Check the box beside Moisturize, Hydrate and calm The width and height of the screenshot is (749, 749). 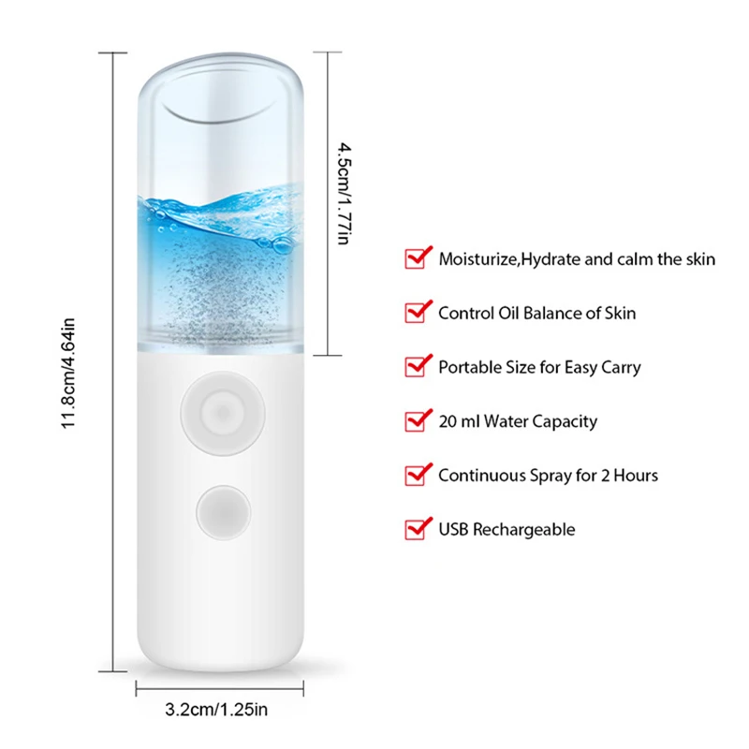click(416, 258)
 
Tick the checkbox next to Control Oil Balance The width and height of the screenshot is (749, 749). click(416, 313)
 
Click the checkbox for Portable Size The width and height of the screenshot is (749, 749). click(416, 366)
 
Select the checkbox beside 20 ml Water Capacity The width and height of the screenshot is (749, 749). click(416, 420)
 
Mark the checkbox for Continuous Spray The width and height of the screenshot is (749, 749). click(416, 475)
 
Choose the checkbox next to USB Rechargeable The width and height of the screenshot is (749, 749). click(416, 529)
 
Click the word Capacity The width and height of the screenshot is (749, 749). click(565, 422)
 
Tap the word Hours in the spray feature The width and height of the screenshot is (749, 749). click(635, 476)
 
